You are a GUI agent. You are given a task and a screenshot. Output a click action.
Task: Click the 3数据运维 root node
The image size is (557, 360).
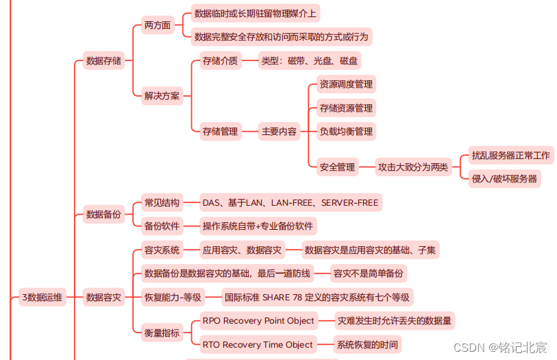(x=42, y=297)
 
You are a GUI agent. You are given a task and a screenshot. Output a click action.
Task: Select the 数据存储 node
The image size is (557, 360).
(x=103, y=61)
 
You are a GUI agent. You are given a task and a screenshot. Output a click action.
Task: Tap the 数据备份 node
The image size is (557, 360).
(x=103, y=215)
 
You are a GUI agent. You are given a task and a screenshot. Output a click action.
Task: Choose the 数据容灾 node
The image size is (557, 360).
(x=103, y=297)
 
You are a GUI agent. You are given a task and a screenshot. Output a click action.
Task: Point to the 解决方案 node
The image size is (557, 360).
(x=162, y=96)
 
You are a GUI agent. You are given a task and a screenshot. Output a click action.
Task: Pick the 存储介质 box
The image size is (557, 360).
(x=220, y=61)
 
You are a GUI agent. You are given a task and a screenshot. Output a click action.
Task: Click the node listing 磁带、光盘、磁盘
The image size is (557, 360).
(x=309, y=61)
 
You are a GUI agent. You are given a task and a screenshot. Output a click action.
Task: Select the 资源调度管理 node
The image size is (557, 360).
(x=346, y=84)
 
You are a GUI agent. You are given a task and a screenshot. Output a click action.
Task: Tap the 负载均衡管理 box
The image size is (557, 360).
(x=346, y=131)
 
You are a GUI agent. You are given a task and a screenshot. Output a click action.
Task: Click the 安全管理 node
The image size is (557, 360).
(x=337, y=167)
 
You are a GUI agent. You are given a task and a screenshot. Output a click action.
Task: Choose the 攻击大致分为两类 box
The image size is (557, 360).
(x=413, y=167)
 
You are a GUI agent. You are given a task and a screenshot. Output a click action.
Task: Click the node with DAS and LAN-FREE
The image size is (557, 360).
(x=290, y=202)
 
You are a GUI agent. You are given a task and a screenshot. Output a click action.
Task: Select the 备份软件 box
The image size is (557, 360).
(x=162, y=226)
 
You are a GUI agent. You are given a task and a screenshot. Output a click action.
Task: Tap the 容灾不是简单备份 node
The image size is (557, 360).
(x=368, y=274)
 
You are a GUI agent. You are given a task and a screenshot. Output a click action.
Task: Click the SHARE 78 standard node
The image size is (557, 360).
(x=317, y=297)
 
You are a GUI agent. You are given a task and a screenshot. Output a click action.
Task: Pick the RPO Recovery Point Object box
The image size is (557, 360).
(x=258, y=320)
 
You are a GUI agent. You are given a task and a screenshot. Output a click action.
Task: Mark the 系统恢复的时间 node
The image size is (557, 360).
(x=367, y=344)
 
